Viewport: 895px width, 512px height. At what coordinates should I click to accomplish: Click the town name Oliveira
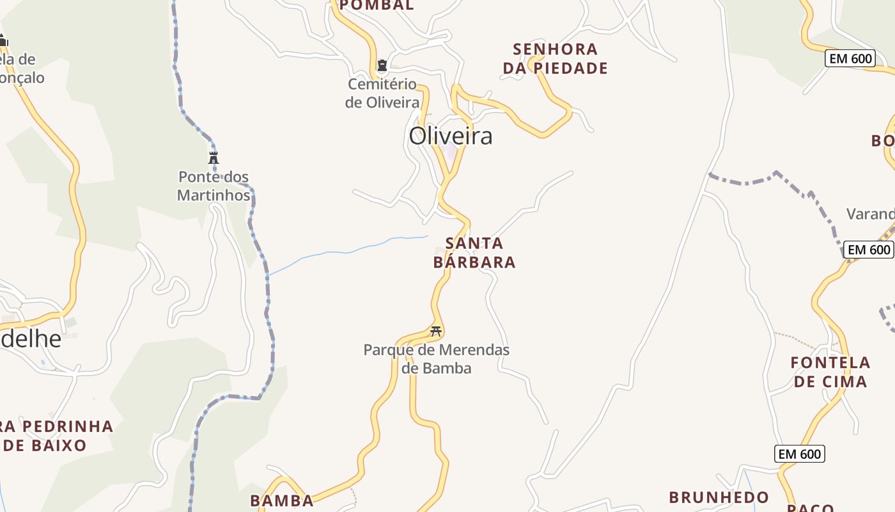451,136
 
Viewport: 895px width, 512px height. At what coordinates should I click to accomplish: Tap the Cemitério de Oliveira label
382,93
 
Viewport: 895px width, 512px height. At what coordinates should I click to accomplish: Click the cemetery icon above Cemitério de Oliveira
382,65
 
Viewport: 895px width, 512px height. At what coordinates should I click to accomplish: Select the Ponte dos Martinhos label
214,186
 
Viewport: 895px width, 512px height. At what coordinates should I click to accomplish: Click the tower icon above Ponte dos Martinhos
214,157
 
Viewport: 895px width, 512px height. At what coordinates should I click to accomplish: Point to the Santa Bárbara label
474,253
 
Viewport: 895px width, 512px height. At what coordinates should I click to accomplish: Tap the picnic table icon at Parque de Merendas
437,331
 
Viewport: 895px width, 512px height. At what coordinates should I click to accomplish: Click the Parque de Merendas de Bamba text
437,359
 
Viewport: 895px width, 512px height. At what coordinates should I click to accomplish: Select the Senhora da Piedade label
555,58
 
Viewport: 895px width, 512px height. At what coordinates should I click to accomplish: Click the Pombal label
377,6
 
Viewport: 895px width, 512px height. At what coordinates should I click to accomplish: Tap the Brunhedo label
719,497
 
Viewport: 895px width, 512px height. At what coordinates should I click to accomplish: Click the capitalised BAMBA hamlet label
282,500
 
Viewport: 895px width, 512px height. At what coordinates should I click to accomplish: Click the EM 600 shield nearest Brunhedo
800,454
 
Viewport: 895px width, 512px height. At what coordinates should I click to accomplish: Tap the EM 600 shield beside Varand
868,250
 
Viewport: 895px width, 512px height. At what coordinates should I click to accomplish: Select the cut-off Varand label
870,214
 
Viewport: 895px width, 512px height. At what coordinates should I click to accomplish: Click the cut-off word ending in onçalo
22,77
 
